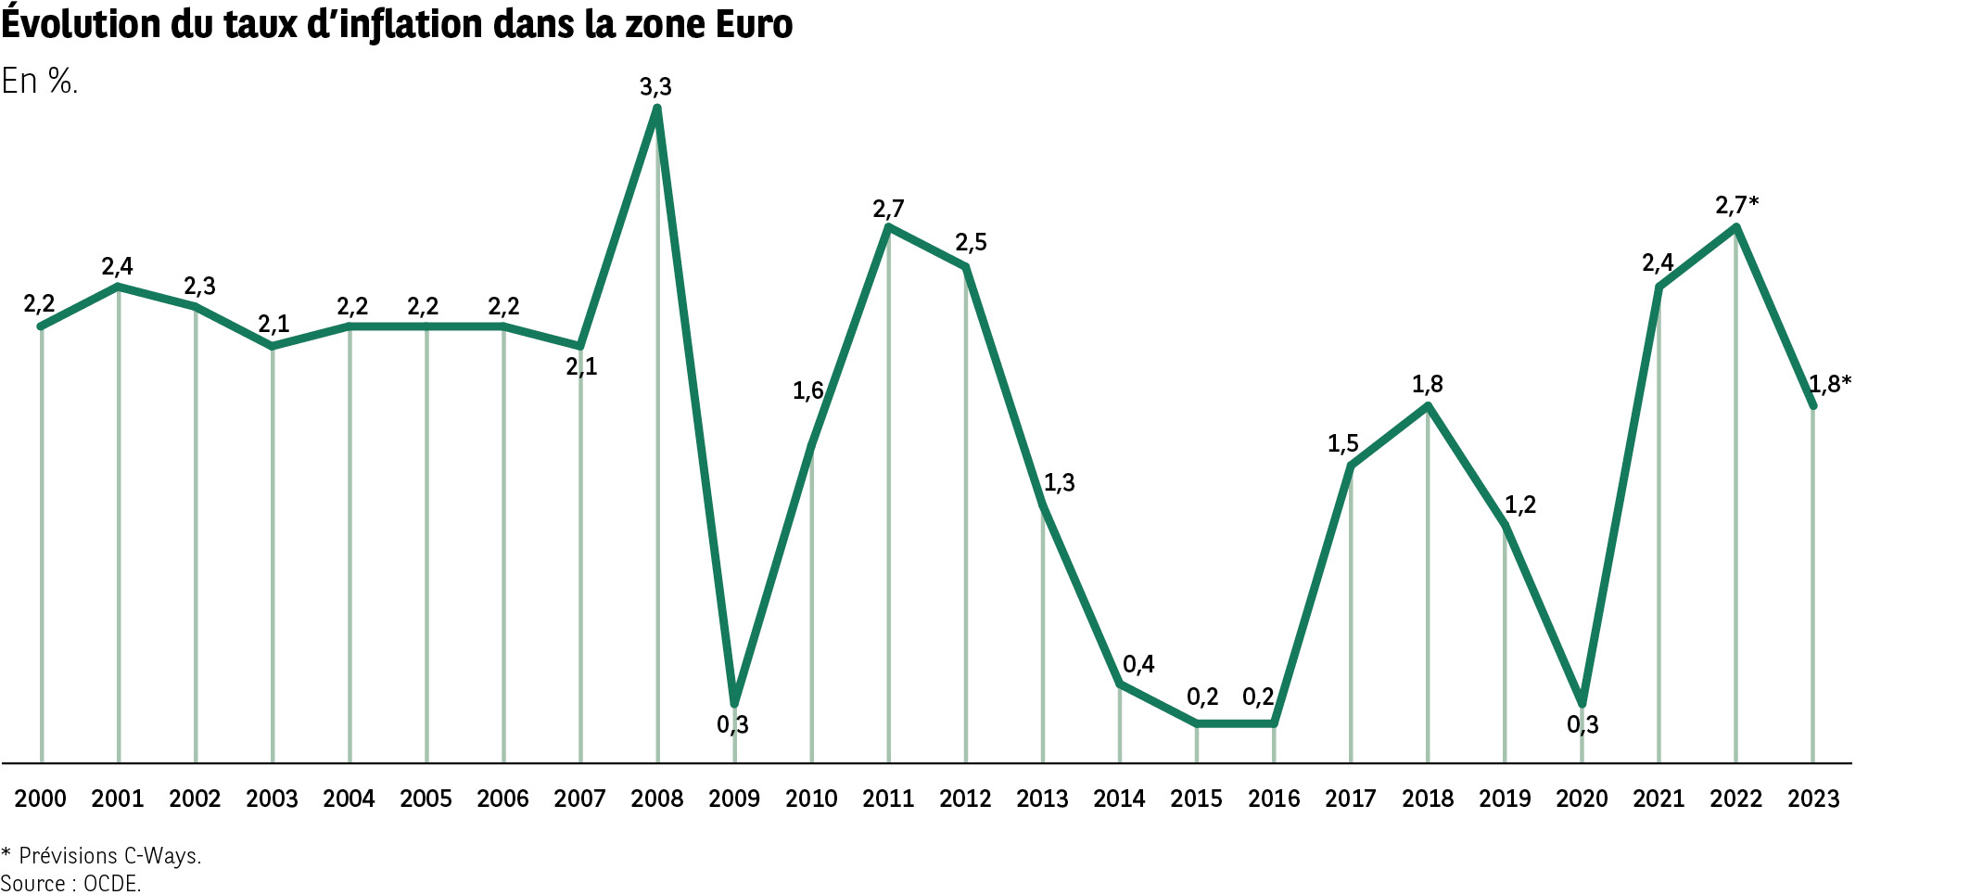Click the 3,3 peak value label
pyautogui.click(x=655, y=87)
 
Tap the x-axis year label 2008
pyautogui.click(x=656, y=799)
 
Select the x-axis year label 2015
pyautogui.click(x=1196, y=799)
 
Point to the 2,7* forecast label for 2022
pyautogui.click(x=1736, y=205)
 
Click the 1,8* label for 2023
pyautogui.click(x=1830, y=384)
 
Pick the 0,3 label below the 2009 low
pyautogui.click(x=732, y=725)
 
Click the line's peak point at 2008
pyautogui.click(x=657, y=109)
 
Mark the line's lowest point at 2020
pyautogui.click(x=1582, y=703)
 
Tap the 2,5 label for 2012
pyautogui.click(x=971, y=243)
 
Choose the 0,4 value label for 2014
pyautogui.click(x=1138, y=664)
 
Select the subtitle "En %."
pyautogui.click(x=39, y=82)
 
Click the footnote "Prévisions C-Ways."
pyautogui.click(x=109, y=856)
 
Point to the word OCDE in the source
pyautogui.click(x=111, y=884)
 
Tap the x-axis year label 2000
pyautogui.click(x=41, y=799)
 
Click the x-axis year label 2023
pyautogui.click(x=1813, y=799)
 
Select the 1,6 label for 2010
pyautogui.click(x=807, y=391)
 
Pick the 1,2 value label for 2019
pyautogui.click(x=1519, y=505)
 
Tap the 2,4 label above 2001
pyautogui.click(x=117, y=267)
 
